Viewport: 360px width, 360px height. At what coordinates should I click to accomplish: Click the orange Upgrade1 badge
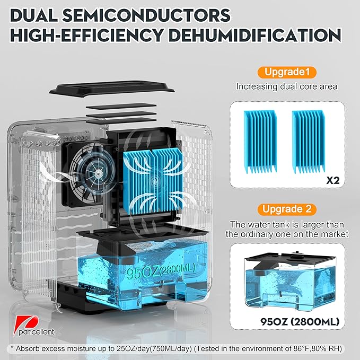pos(287,72)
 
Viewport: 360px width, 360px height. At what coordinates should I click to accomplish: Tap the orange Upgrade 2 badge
pos(287,209)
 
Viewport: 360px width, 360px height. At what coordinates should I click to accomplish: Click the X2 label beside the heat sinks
pos(332,181)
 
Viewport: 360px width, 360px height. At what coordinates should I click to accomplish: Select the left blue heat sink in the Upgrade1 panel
pos(260,142)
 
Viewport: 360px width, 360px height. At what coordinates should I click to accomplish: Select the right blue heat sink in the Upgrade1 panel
pos(309,142)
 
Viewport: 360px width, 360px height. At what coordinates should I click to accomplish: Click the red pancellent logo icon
pos(26,322)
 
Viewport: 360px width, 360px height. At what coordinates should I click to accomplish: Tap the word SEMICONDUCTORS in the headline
pos(146,15)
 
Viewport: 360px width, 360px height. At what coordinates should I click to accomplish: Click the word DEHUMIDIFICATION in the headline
pos(255,35)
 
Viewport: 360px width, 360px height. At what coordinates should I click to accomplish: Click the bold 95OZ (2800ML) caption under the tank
pos(300,322)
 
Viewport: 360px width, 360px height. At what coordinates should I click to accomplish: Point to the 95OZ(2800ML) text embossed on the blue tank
pos(161,271)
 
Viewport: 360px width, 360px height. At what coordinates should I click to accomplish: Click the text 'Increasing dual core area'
pos(287,86)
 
